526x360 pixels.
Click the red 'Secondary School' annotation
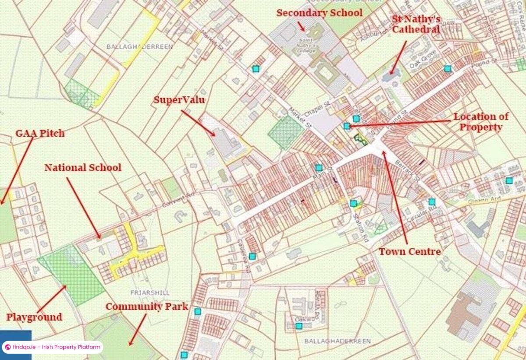(x=319, y=13)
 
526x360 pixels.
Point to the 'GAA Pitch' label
(x=40, y=133)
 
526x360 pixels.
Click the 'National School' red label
(x=83, y=167)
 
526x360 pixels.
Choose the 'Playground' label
(x=34, y=317)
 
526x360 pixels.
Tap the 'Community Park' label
(x=146, y=307)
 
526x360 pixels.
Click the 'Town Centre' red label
(x=409, y=251)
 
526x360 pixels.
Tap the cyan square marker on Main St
(x=319, y=167)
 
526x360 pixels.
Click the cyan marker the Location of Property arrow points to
(x=347, y=126)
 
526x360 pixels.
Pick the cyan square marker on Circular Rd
(x=432, y=201)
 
